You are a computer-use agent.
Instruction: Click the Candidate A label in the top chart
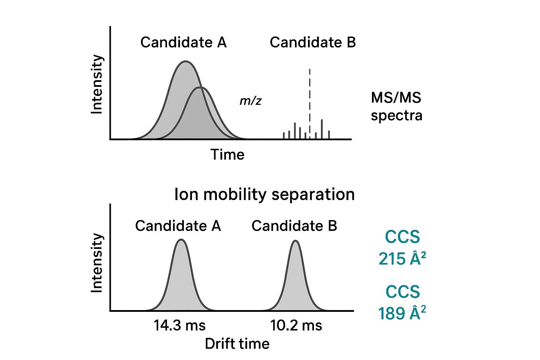coord(183,43)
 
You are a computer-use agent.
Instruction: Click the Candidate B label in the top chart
coord(313,43)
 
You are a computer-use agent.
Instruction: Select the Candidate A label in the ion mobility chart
coord(178,226)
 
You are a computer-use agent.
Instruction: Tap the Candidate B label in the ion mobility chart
coord(294,226)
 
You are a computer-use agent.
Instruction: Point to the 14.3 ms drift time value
coord(179,325)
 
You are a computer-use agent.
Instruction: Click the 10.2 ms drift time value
coord(296,325)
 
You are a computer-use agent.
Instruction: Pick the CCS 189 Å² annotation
coord(402,303)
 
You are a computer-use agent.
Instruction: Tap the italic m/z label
coord(251,101)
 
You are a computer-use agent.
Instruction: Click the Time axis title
coord(227,155)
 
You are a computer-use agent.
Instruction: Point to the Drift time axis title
coord(237,343)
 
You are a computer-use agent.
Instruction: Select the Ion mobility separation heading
coord(264,194)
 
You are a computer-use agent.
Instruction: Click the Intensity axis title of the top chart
coord(97,84)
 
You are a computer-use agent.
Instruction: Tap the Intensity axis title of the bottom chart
coord(97,263)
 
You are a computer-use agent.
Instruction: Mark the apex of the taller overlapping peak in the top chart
coord(185,62)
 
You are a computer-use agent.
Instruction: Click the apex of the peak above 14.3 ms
coord(181,240)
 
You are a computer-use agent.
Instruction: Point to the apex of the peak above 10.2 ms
coord(296,241)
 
